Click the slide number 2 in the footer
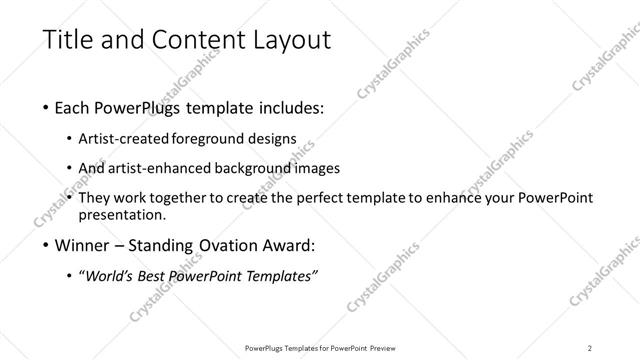pyautogui.click(x=590, y=347)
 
